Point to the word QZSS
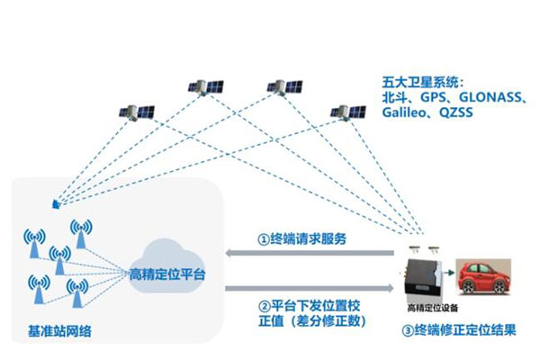pyautogui.click(x=459, y=114)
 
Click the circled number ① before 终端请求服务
pyautogui.click(x=263, y=240)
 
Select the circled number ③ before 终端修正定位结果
pyautogui.click(x=408, y=329)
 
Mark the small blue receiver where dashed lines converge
pyautogui.click(x=56, y=204)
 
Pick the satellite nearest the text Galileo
pyautogui.click(x=346, y=111)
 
